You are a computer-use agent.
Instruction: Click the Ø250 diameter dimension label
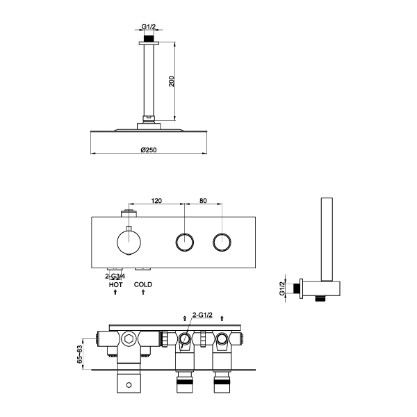point(149,149)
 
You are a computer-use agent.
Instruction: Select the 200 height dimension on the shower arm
point(172,81)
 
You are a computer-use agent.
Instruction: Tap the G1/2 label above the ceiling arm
point(149,26)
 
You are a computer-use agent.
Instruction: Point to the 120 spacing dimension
point(156,201)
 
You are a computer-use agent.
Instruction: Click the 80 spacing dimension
point(203,201)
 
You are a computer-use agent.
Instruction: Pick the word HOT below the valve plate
point(115,285)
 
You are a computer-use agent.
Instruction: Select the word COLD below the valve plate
point(143,284)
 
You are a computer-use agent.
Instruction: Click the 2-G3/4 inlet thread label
point(115,277)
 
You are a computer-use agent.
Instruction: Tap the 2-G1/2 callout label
point(202,315)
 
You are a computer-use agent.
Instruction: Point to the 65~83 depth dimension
point(80,354)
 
